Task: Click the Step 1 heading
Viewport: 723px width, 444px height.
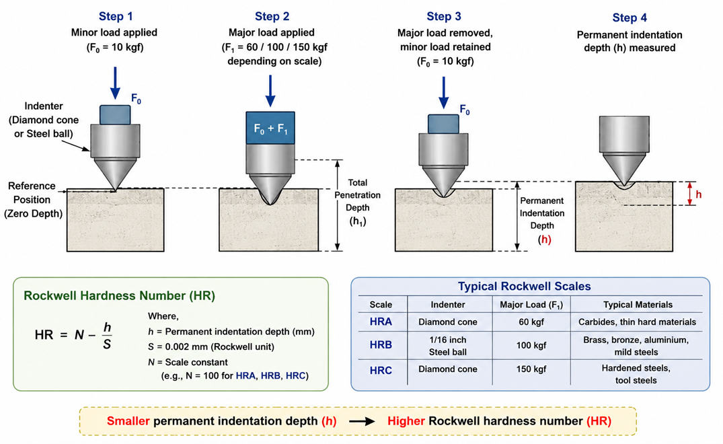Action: click(115, 17)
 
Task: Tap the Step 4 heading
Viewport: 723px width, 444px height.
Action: click(630, 18)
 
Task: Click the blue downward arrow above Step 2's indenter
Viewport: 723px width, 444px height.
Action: click(270, 91)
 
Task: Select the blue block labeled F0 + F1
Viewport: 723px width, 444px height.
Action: click(270, 128)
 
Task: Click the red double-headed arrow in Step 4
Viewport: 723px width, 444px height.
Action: click(690, 193)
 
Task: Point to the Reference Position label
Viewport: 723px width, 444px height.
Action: click(33, 200)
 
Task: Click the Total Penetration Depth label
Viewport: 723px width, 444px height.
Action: click(357, 202)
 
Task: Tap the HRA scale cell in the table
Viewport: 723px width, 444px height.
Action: click(381, 322)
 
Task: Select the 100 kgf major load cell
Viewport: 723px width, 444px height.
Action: click(531, 345)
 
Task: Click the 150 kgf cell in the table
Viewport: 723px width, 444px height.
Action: click(531, 369)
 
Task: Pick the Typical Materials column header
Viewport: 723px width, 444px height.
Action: click(638, 305)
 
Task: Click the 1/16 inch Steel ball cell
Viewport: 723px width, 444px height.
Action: click(448, 346)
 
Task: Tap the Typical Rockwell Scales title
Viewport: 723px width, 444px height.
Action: click(525, 287)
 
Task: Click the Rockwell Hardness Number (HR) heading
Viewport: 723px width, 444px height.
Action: click(120, 296)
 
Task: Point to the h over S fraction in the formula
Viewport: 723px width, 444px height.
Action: click(107, 335)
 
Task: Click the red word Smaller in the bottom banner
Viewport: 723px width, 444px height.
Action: click(128, 421)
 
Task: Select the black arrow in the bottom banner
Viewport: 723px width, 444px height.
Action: click(362, 421)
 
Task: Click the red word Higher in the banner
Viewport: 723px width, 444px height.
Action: click(406, 421)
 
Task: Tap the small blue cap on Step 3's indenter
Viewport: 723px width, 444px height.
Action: click(443, 124)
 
